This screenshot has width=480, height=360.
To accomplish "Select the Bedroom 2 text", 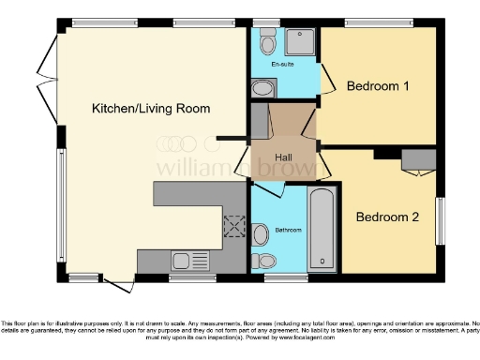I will click(386, 217).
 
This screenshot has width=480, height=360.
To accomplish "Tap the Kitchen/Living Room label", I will click(150, 109).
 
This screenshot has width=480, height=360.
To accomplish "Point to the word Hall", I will click(285, 157).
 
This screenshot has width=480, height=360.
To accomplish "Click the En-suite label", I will click(282, 65).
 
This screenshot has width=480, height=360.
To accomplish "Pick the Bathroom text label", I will click(288, 230).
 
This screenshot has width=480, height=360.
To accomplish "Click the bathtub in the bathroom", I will click(322, 229).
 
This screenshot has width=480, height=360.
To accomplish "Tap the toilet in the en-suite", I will click(267, 41).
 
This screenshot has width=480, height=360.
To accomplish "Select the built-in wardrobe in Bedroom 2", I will click(417, 160).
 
